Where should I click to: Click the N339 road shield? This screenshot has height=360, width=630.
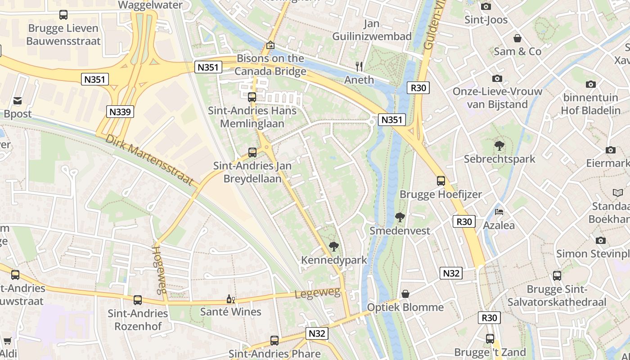coord(121,112)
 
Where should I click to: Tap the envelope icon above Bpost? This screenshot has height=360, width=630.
coord(18,100)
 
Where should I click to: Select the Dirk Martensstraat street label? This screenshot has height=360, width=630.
coord(152,160)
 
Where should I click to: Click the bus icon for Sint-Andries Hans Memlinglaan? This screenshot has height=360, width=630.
coord(252,97)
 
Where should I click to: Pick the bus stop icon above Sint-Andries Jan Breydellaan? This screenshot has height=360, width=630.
coord(252,152)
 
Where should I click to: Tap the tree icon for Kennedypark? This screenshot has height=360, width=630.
coord(333,246)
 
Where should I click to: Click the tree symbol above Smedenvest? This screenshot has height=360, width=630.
coord(400,217)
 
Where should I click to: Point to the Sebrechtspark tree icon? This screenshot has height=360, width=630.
coord(499,145)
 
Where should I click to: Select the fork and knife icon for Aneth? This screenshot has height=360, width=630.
coord(359,67)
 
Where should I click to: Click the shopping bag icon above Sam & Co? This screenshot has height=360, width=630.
coord(517,38)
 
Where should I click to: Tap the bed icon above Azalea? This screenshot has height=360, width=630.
coord(499,212)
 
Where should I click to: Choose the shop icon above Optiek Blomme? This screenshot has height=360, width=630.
coord(405,294)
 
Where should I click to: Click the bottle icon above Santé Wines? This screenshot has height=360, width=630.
coord(230,299)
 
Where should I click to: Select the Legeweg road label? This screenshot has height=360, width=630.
coord(317,293)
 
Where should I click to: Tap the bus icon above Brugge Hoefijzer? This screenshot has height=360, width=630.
coord(441,181)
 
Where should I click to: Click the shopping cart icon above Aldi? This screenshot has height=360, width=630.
coord(7,341)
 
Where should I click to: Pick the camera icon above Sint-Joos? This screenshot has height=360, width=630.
coord(486,6)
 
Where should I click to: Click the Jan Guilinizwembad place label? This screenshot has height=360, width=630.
coord(372,30)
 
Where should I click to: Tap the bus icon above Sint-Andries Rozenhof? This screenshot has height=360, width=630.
coord(138,300)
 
